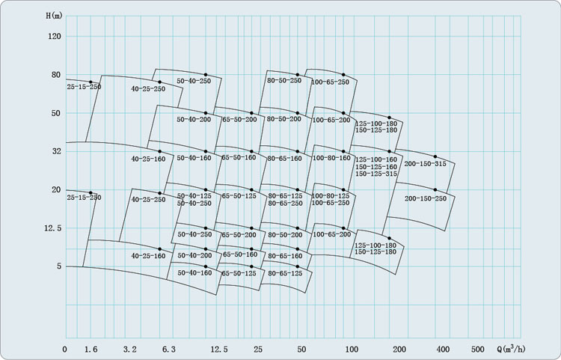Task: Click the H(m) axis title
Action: tap(55, 16)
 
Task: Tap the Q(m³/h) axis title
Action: tap(512, 349)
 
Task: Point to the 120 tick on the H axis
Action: tap(55, 37)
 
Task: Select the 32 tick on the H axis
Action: tap(57, 151)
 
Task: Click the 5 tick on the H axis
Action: tap(59, 266)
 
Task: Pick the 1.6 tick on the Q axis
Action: tap(91, 350)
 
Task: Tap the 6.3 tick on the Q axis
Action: tap(169, 350)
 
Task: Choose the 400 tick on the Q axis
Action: tap(443, 350)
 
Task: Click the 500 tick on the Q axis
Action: tap(478, 350)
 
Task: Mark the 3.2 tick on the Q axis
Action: tap(130, 350)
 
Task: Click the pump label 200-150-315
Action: tap(426, 164)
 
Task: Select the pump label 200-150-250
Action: tap(426, 198)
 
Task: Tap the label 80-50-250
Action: tap(284, 81)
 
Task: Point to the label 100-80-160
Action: tap(331, 158)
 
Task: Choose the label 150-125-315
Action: tap(376, 174)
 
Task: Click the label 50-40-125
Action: tap(194, 196)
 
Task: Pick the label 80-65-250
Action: tap(286, 204)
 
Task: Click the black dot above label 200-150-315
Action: tap(435, 156)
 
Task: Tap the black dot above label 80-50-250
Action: tap(297, 75)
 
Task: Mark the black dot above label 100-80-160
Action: tap(343, 152)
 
